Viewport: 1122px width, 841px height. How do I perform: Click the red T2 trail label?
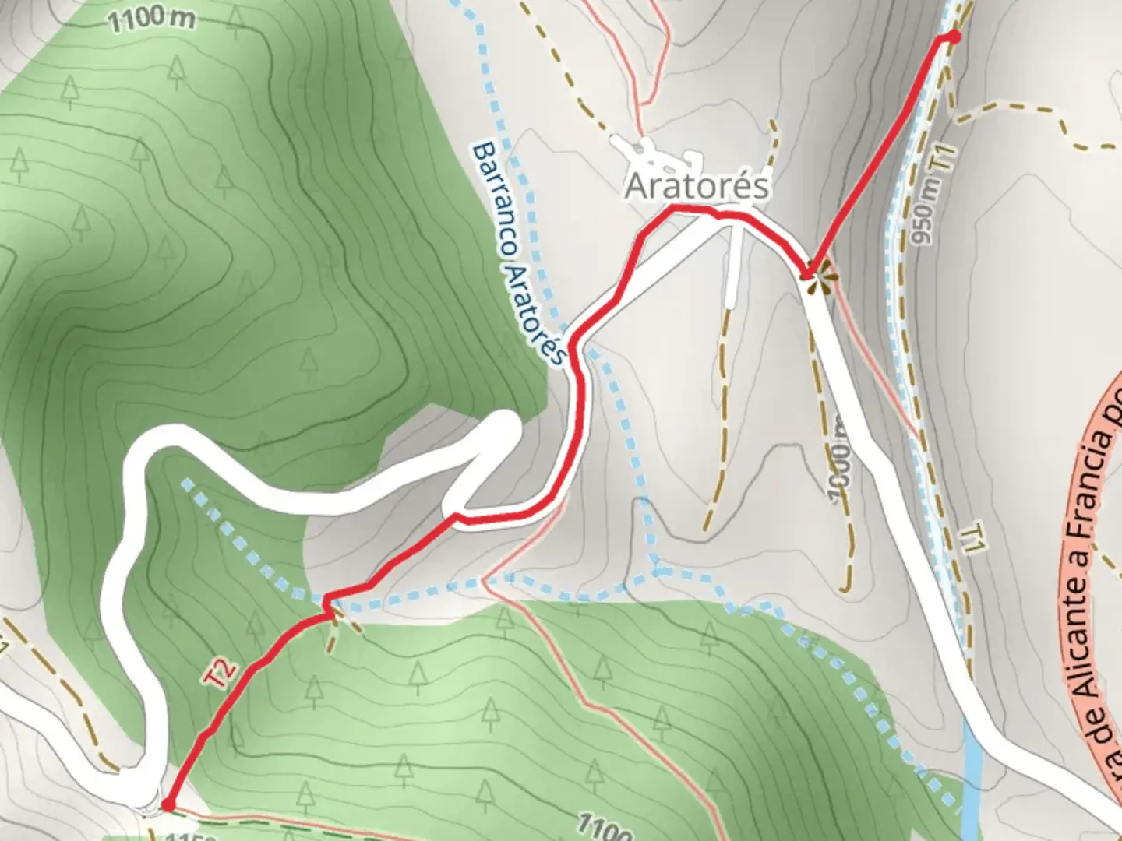coord(221,674)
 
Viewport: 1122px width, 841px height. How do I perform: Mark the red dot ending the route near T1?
coord(954,37)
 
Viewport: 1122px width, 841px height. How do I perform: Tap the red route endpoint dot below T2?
coord(167,804)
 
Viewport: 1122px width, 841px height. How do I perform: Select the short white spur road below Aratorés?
coord(731,265)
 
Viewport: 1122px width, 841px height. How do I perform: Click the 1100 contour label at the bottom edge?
coord(605,826)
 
